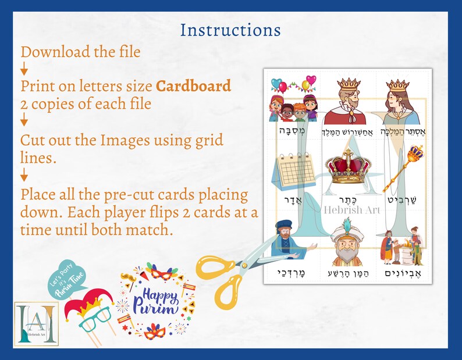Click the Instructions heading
(230, 29)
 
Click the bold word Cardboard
(193, 86)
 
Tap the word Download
(53, 52)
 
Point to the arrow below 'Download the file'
(24, 69)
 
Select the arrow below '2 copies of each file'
(24, 121)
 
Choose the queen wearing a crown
(399, 102)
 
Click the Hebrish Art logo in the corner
(36, 323)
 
